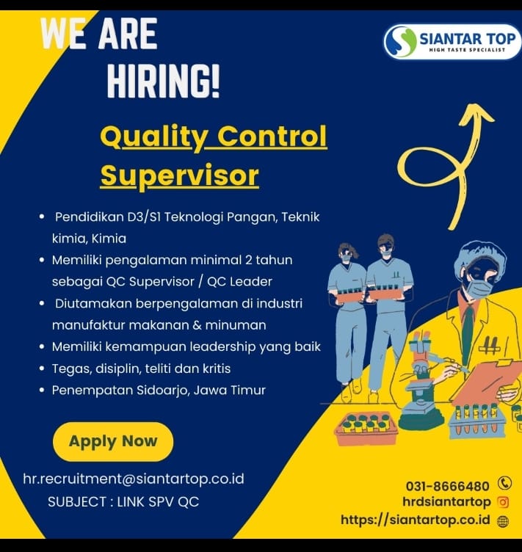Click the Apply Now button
pyautogui.click(x=113, y=441)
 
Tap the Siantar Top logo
pyautogui.click(x=452, y=42)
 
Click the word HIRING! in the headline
pyautogui.click(x=163, y=81)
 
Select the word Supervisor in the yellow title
pyautogui.click(x=180, y=175)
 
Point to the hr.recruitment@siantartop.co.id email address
pyautogui.click(x=134, y=479)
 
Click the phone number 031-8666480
pyautogui.click(x=447, y=486)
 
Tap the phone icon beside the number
pyautogui.click(x=504, y=483)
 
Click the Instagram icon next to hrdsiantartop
pyautogui.click(x=504, y=502)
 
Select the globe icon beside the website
pyautogui.click(x=503, y=521)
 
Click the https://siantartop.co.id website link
pyautogui.click(x=416, y=520)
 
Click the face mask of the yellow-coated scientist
pyautogui.click(x=479, y=289)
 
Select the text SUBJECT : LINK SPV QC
pyautogui.click(x=123, y=501)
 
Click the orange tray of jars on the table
pyautogui.click(x=366, y=428)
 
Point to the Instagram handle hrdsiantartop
pyautogui.click(x=446, y=501)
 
